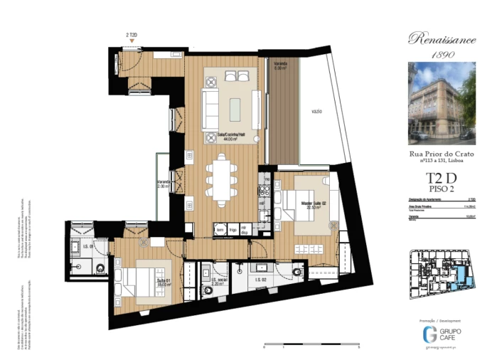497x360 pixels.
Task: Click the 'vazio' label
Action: tap(317, 112)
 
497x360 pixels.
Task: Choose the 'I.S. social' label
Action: tap(210, 280)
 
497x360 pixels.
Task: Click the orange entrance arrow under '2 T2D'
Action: tap(132, 41)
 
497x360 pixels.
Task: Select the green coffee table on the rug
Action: tap(235, 105)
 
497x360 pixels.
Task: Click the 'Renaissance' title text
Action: tap(442, 40)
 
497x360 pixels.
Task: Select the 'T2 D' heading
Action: tap(442, 179)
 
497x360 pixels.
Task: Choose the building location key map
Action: tap(442, 278)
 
